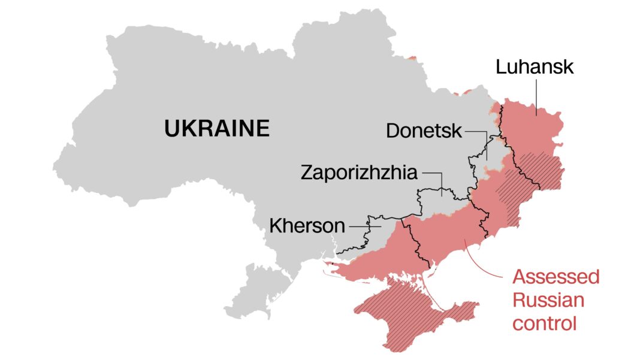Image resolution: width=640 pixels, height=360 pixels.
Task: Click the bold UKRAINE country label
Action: (217, 129)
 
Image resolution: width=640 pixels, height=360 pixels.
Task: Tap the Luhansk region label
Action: (535, 66)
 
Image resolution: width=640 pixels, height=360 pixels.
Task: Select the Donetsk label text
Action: (424, 131)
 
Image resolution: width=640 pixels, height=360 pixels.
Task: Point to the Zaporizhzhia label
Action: (358, 173)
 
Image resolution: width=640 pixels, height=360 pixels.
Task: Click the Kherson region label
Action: (307, 226)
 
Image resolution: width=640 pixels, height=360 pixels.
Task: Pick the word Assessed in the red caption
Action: (556, 277)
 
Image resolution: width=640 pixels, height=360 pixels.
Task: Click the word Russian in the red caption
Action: (548, 300)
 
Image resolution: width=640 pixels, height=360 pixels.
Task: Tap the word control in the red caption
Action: (545, 323)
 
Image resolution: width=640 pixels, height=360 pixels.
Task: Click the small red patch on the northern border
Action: (412, 59)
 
